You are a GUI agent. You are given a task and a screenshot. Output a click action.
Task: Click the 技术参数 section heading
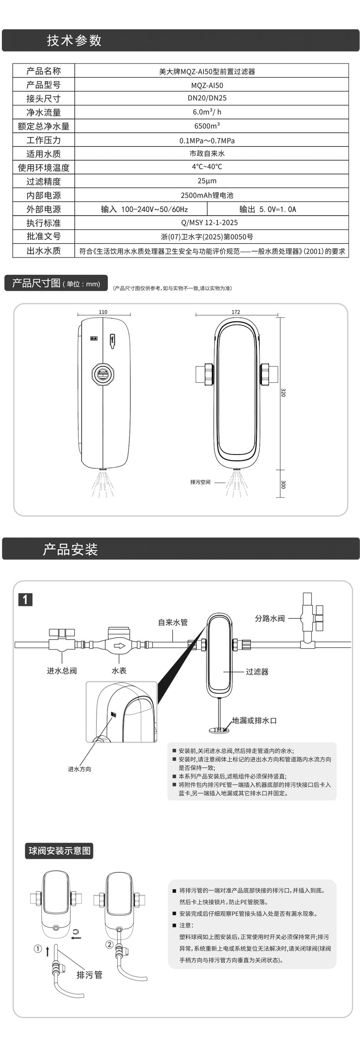point(74,41)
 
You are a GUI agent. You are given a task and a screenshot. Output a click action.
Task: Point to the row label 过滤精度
point(43,181)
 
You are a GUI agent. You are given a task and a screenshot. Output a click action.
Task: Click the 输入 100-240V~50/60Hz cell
point(144,209)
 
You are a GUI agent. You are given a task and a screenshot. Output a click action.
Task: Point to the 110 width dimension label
point(103,312)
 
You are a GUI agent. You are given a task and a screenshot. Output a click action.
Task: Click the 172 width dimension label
point(236,312)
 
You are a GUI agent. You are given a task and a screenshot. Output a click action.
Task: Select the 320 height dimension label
point(283,392)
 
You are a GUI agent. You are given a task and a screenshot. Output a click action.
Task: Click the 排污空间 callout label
point(200,482)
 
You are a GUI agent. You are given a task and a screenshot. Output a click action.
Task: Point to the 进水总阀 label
point(62,671)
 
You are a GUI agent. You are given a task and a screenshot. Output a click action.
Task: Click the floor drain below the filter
point(219,729)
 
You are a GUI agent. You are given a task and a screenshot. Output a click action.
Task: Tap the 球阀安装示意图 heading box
point(60,851)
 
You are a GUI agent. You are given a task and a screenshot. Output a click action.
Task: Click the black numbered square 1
point(25,600)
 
